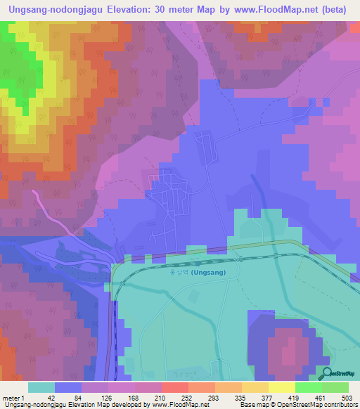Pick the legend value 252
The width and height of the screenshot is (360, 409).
(x=185, y=398)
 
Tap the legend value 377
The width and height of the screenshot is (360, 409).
(x=265, y=398)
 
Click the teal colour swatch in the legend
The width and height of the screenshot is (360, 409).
(x=41, y=387)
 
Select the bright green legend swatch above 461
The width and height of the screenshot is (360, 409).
(x=309, y=387)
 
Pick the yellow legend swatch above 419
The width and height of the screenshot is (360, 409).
(x=282, y=387)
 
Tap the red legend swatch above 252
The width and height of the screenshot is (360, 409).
(x=175, y=387)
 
